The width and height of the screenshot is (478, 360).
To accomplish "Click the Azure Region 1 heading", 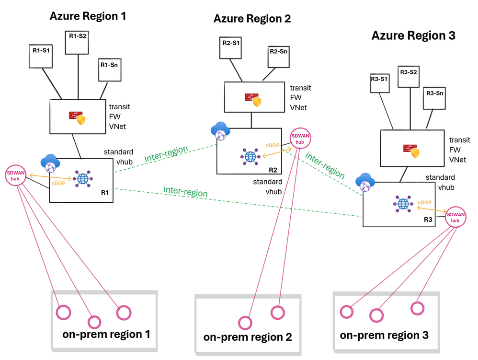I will (x=88, y=16).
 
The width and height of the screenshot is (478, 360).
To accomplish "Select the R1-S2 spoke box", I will (x=78, y=35).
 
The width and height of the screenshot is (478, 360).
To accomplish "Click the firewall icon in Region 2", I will (x=253, y=99).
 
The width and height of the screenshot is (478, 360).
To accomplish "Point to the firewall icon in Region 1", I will (x=77, y=117).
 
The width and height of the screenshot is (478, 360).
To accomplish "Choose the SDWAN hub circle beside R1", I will (x=15, y=175).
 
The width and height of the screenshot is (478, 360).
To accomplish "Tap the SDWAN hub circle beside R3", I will (x=455, y=218).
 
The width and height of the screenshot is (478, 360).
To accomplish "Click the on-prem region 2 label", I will (x=248, y=337).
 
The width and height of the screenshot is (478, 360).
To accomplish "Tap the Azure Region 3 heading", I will (x=413, y=35).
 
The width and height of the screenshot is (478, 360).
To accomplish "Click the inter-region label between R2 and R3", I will (x=325, y=165).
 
